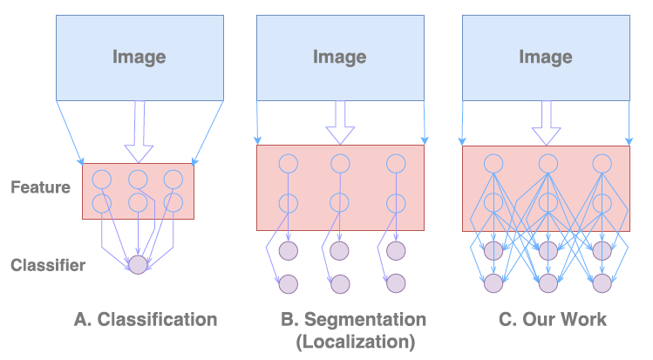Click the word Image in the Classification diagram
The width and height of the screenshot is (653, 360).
tap(139, 58)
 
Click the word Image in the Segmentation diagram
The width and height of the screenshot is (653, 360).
tap(341, 58)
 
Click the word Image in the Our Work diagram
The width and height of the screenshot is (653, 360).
tap(546, 58)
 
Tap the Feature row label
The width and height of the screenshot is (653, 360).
tap(40, 187)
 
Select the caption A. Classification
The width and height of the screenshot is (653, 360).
tap(145, 319)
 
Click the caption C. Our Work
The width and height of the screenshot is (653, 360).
tap(552, 319)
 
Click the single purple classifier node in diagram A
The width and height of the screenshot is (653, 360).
tap(138, 264)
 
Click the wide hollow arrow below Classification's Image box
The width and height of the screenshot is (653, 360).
tap(138, 131)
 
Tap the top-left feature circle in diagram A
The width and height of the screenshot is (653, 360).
tap(102, 180)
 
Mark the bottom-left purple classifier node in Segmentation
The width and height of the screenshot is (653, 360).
tap(289, 283)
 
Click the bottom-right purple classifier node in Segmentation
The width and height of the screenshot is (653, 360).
tap(396, 283)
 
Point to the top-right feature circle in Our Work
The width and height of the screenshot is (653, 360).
tap(601, 163)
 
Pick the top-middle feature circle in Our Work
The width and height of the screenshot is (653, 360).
tap(548, 163)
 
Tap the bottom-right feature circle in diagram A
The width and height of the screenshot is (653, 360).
tap(173, 203)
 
